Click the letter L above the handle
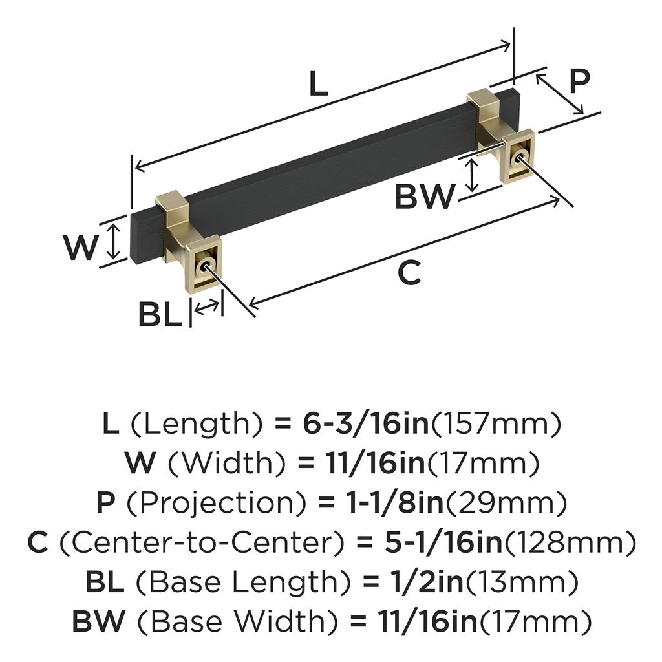(318, 83)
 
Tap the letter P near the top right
(579, 81)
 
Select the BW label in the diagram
(425, 197)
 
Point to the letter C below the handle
(409, 272)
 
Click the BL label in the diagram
(160, 315)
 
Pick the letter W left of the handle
(81, 248)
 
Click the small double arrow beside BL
(207, 307)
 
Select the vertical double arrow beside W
(112, 241)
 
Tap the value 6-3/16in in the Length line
(366, 424)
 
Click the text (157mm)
(495, 424)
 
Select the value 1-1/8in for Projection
(395, 503)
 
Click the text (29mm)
(506, 503)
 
